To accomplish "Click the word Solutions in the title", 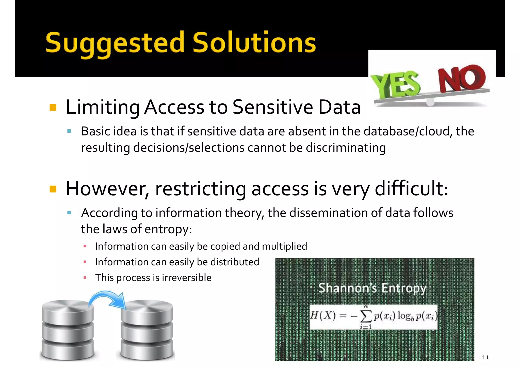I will [x=254, y=43].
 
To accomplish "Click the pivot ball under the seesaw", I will [x=430, y=102].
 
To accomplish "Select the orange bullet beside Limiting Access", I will [x=53, y=108].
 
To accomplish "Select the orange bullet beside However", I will [x=53, y=189].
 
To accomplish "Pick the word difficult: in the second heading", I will [x=411, y=189].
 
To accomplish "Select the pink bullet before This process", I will [x=85, y=278].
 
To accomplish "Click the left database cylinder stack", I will [x=68, y=330].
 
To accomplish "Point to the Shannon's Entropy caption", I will [x=372, y=288].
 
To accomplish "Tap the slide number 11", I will [x=485, y=357].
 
